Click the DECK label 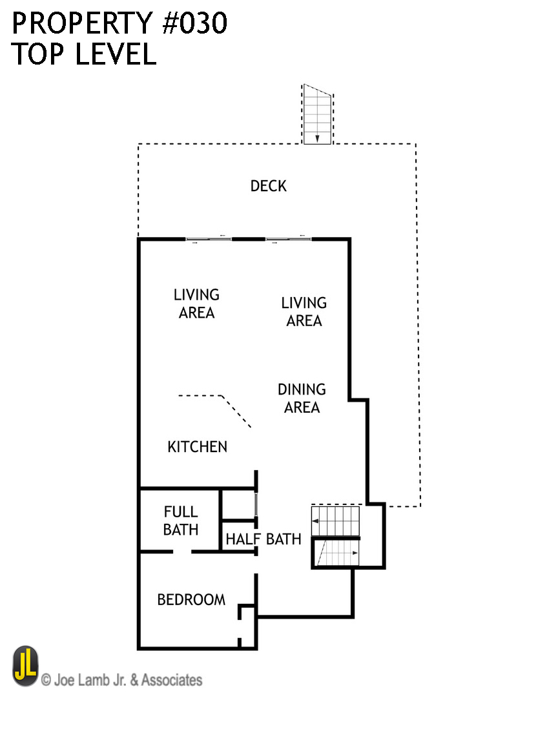[x=268, y=186]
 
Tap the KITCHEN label [x=197, y=447]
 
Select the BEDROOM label [x=191, y=600]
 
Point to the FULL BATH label [x=181, y=521]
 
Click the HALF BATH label [x=263, y=539]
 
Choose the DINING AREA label [x=302, y=398]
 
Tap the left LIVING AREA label [x=197, y=304]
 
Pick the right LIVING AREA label [x=304, y=312]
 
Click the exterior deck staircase [x=317, y=114]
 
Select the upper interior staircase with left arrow [x=336, y=521]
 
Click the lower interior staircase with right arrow [x=336, y=553]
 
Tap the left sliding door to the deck [x=209, y=240]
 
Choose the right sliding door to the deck [x=288, y=240]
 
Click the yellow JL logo [x=25, y=666]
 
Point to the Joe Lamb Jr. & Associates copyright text [x=122, y=679]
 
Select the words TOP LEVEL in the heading [x=84, y=54]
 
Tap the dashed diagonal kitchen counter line [x=236, y=411]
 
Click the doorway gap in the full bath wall [x=182, y=552]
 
